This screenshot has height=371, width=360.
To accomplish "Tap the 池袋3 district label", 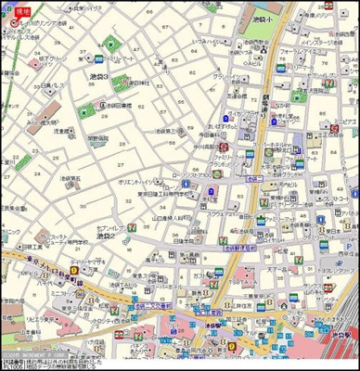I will [98, 75].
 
